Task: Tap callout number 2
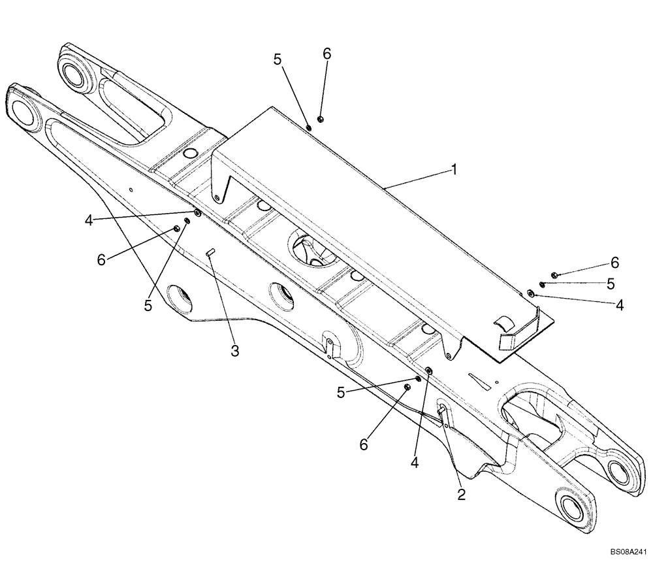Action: click(461, 494)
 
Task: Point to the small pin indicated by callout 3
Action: click(210, 254)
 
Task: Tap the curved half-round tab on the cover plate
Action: click(503, 321)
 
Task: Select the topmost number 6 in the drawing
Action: click(326, 54)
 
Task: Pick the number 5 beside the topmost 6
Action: click(278, 59)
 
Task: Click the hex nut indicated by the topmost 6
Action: click(321, 118)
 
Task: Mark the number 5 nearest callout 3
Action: click(148, 305)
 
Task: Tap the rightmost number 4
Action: click(619, 305)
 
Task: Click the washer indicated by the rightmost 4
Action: click(531, 294)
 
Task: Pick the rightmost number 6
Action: click(614, 263)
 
